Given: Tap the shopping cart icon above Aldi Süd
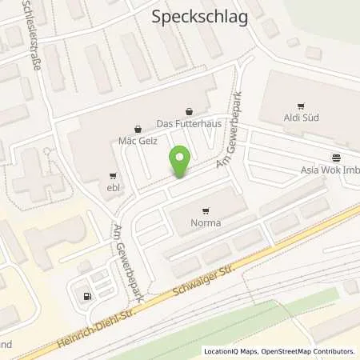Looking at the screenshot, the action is click(302, 106).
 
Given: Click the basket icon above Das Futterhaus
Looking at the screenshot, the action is click(189, 112).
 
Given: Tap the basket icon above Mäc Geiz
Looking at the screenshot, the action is click(138, 127).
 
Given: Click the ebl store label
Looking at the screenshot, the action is click(112, 187).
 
